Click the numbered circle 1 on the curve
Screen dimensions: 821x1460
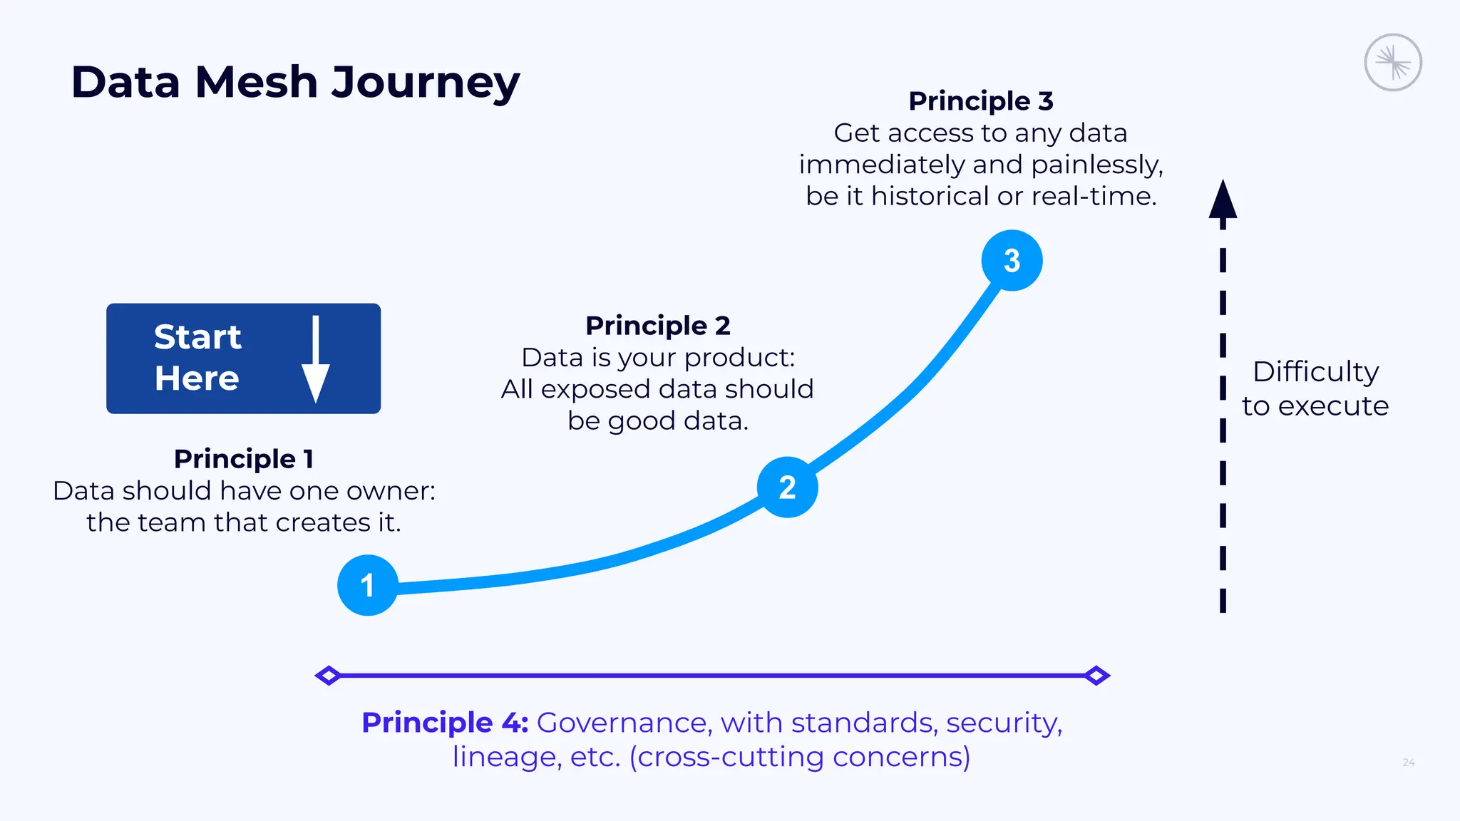pos(367,585)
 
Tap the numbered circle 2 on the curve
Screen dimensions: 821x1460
pos(787,487)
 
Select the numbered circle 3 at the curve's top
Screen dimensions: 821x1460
pos(1012,261)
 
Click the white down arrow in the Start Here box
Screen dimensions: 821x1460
pos(315,360)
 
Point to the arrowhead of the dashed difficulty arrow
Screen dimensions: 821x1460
pos(1223,200)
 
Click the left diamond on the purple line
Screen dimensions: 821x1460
pos(328,675)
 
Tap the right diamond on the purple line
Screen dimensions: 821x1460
pos(1096,675)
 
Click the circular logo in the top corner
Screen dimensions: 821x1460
pos(1392,63)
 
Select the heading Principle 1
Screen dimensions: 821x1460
pos(244,459)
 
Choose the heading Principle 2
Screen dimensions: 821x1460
pos(657,326)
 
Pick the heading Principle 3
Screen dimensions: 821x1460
pos(980,101)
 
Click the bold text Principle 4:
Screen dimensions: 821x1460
pos(445,723)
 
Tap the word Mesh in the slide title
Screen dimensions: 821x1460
pos(256,82)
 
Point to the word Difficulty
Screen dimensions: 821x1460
pos(1315,371)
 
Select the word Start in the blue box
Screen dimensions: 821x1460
pos(197,337)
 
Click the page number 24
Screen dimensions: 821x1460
pos(1408,763)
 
